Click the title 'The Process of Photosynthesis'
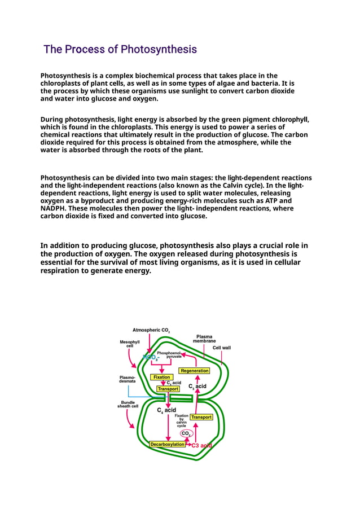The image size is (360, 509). click(120, 50)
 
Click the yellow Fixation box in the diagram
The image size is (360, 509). click(161, 377)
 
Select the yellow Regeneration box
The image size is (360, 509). click(195, 371)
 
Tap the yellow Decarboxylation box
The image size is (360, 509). click(168, 444)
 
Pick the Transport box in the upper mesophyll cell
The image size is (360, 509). click(168, 389)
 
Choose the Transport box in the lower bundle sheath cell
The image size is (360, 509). click(201, 417)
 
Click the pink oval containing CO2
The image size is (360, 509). click(186, 433)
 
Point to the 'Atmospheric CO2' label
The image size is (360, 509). click(151, 330)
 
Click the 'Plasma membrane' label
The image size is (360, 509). click(204, 339)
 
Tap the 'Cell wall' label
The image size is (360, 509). click(221, 348)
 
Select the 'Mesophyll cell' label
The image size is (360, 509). click(130, 344)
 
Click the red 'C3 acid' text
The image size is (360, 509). click(201, 445)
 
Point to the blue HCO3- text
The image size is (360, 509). click(151, 357)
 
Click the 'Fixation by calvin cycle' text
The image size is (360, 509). click(181, 420)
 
